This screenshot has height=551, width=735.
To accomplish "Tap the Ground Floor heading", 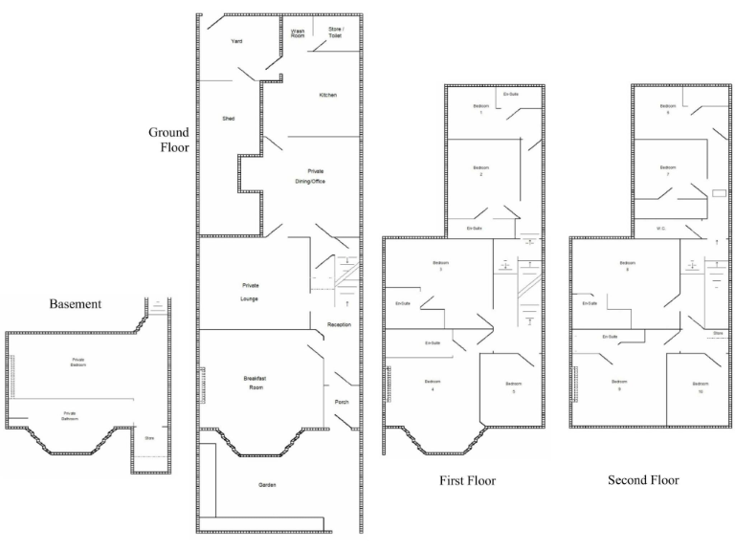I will point(168,140).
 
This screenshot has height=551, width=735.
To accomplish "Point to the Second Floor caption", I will point(643,480).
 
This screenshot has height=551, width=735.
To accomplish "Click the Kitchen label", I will point(327,96).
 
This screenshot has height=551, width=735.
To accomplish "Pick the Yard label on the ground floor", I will point(236,42).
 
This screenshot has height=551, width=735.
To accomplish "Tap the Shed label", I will point(229,118).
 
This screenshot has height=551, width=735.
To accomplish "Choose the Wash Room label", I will point(299,34).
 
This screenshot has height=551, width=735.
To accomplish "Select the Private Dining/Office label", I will point(316,175).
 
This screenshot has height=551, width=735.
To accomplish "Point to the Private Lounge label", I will point(251,293).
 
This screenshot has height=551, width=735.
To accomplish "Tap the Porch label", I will point(342,402).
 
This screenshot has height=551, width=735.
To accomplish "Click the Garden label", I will point(267,486).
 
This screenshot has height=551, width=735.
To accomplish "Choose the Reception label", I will point(339,325).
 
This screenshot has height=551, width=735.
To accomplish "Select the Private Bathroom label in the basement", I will point(69,416).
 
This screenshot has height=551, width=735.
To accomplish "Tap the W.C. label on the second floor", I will point(660,229).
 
